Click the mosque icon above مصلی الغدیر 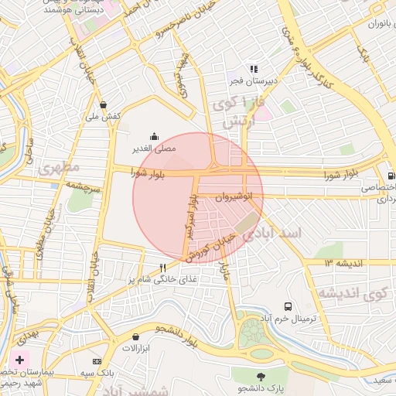coord(154,135)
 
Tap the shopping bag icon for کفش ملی coord(103,104)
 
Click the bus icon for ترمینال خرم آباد coord(288,306)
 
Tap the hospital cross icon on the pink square coord(19,360)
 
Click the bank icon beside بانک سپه coord(97,361)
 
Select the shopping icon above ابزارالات coord(136,337)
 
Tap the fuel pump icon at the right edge coord(391,176)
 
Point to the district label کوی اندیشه coord(352,294)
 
